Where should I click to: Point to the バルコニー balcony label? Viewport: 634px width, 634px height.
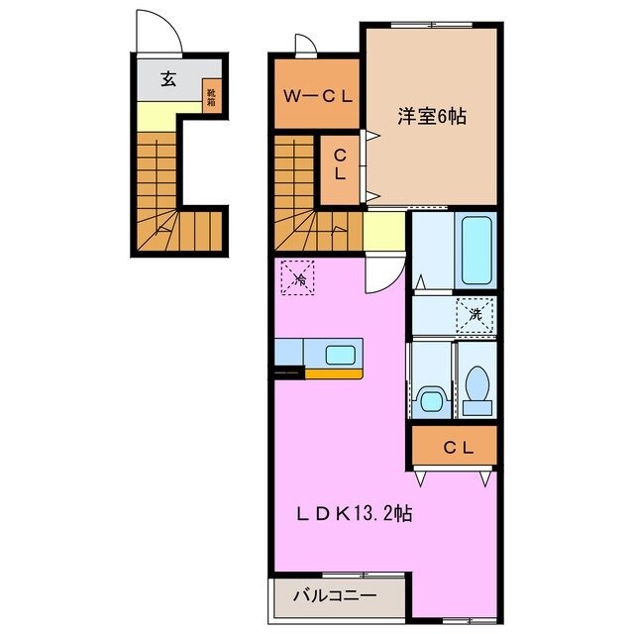(x=335, y=596)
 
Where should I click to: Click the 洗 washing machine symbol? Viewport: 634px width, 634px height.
(x=475, y=315)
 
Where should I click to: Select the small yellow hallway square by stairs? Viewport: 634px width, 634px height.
(x=382, y=235)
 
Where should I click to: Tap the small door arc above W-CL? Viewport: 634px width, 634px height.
(x=304, y=45)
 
